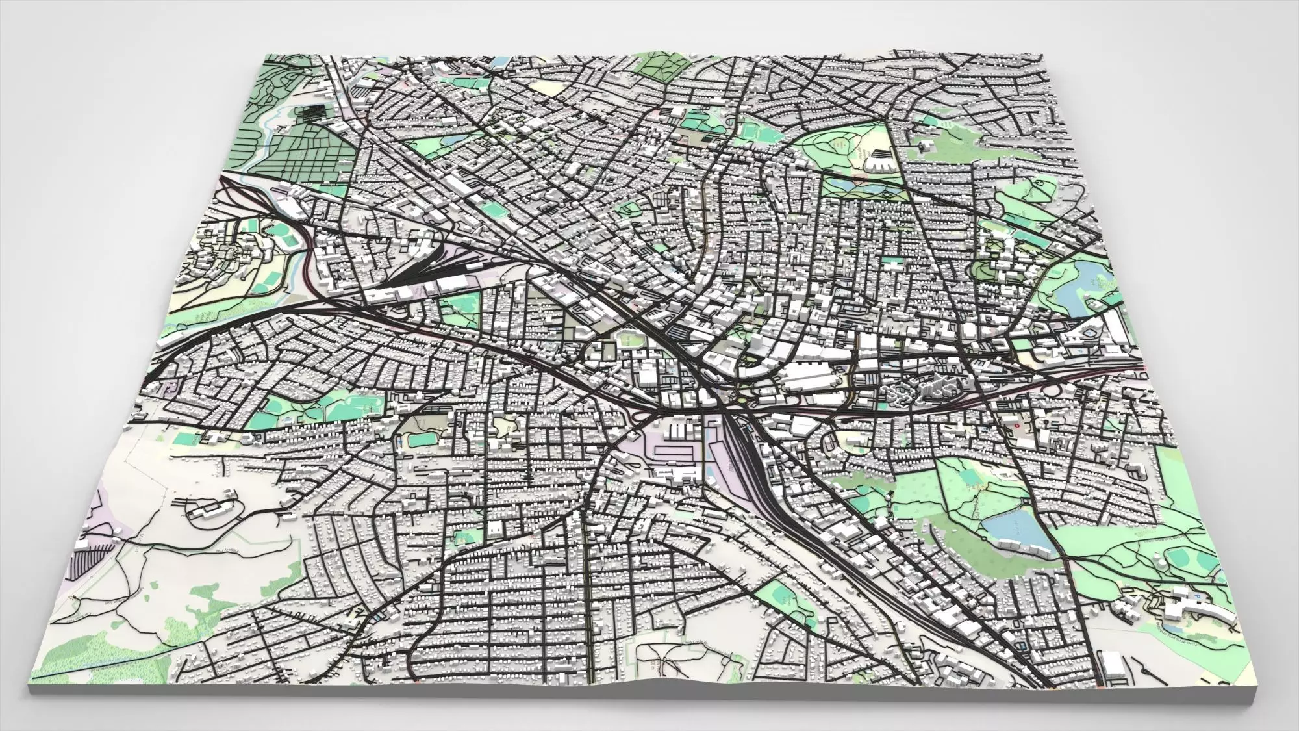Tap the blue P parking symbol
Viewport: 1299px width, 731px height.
[x=1193, y=595]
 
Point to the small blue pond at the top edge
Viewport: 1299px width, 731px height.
[x=501, y=62]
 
